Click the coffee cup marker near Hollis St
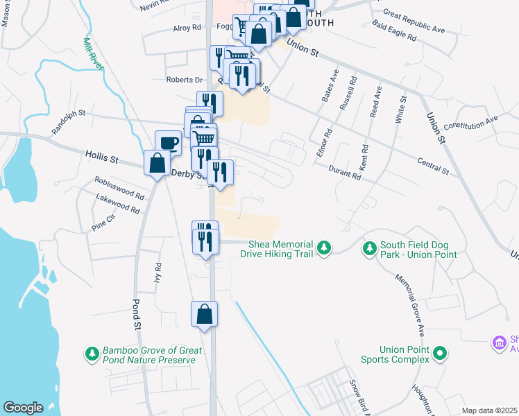coord(168,143)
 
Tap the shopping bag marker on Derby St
coord(158,163)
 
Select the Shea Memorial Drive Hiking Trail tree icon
coord(323,248)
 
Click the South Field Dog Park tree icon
coord(371,248)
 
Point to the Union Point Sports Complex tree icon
coord(439,354)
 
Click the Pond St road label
coord(136,315)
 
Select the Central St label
coord(434,166)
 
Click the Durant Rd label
coord(345,172)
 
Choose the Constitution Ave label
coord(471,123)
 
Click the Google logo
coord(24,408)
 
